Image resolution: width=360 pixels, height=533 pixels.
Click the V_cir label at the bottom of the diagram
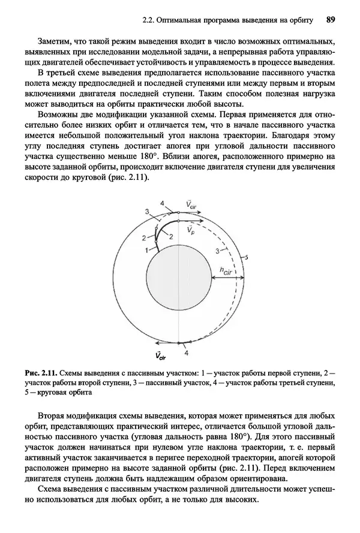(160, 357)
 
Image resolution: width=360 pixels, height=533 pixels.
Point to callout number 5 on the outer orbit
(246, 256)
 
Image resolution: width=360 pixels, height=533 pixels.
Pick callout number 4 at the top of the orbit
(162, 204)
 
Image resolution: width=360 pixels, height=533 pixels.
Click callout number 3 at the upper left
(146, 212)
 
